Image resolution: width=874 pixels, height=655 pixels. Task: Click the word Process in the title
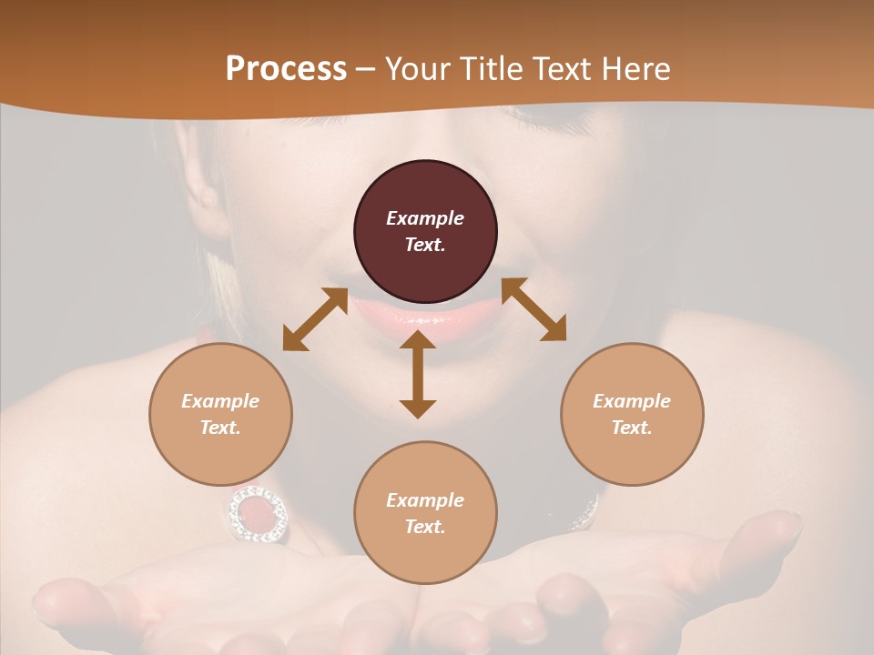pos(286,69)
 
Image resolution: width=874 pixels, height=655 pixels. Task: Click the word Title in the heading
pos(492,69)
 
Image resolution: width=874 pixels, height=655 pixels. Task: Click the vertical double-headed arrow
pos(418,374)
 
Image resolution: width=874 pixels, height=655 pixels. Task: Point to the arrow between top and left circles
pos(315,319)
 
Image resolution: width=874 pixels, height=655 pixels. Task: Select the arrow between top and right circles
pos(534,309)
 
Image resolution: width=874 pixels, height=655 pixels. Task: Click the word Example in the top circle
pos(425,218)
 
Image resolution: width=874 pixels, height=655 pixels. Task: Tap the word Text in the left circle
pos(219,428)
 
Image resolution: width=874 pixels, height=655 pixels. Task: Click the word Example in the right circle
pos(632,401)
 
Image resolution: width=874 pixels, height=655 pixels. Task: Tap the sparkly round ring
pos(258,514)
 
